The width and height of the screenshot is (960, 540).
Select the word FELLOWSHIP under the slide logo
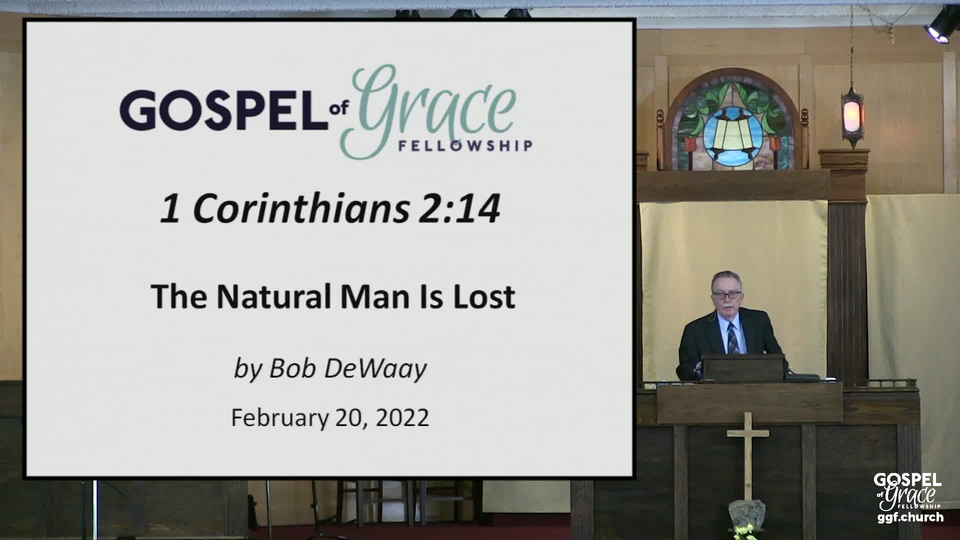click(464, 146)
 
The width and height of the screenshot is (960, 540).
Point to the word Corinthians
click(300, 208)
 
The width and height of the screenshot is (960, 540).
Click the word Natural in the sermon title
click(274, 296)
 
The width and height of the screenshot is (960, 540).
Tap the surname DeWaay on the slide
click(375, 369)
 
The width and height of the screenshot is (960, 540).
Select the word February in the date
click(280, 417)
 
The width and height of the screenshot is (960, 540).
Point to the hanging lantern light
click(852, 114)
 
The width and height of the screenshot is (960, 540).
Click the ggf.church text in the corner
click(910, 517)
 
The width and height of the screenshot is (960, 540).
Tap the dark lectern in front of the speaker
click(743, 367)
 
